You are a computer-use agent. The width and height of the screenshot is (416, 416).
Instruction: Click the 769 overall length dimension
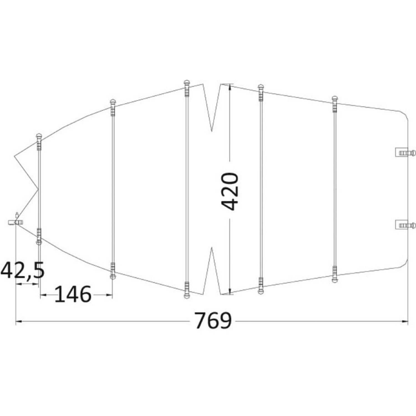213,321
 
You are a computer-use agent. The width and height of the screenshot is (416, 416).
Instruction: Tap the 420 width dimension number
230,191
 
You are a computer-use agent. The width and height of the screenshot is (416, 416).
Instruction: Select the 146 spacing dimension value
73,294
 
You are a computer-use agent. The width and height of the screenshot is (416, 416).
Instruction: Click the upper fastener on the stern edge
405,152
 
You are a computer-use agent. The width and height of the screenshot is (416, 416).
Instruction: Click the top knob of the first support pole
39,136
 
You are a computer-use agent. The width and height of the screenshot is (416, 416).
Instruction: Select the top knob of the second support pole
112,102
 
